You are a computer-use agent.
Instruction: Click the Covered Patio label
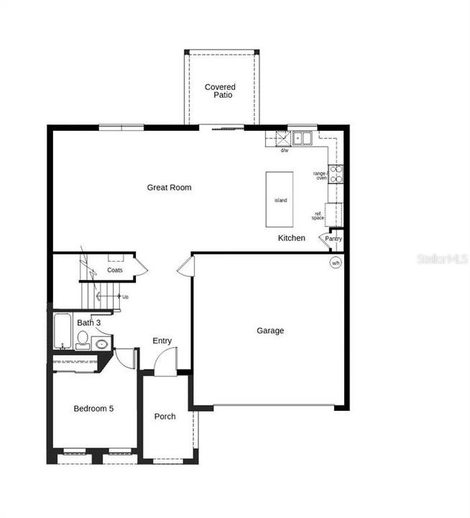tap(220, 91)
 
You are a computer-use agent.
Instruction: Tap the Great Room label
tap(170, 188)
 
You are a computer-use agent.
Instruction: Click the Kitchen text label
tap(292, 238)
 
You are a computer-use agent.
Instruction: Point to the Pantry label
tap(333, 239)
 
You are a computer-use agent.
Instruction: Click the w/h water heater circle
tap(336, 263)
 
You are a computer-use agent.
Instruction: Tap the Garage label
tap(270, 331)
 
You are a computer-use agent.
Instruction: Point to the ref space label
tap(318, 215)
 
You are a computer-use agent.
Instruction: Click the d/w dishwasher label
tap(285, 150)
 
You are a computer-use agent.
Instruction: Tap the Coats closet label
tap(115, 271)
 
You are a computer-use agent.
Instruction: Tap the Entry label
tap(162, 341)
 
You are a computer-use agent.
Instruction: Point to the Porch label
tap(165, 417)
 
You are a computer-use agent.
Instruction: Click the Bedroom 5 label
tap(93, 409)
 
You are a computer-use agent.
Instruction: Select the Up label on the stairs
tap(126, 296)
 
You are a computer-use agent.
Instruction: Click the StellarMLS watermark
tap(442, 258)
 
